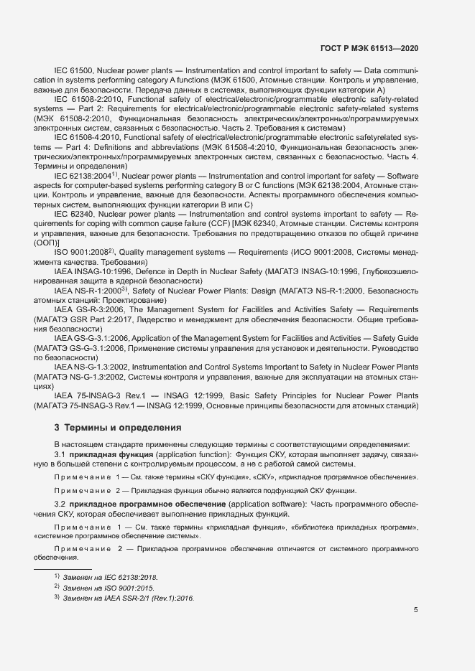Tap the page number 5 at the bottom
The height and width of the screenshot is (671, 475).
click(x=416, y=611)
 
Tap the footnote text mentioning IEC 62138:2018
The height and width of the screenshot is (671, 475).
click(x=110, y=576)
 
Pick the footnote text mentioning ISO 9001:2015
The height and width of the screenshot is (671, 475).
click(x=108, y=587)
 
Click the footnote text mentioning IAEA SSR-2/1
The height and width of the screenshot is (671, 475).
click(x=129, y=598)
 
